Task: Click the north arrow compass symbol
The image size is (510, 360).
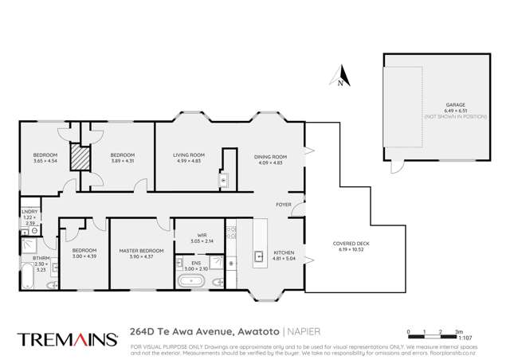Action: click(x=340, y=77)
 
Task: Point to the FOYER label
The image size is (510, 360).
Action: click(x=284, y=205)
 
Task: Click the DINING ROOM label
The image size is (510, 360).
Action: click(x=269, y=157)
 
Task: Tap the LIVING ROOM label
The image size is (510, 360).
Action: click(x=190, y=155)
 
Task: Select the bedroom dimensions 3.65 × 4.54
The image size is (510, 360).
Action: click(x=45, y=160)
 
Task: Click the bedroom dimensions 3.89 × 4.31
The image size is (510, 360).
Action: click(x=122, y=160)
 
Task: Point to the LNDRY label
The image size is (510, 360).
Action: click(x=29, y=213)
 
